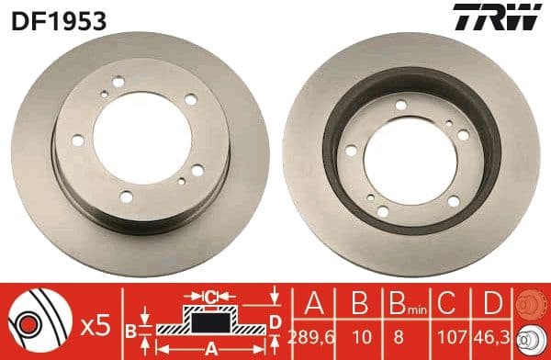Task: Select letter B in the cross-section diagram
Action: (130, 330)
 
